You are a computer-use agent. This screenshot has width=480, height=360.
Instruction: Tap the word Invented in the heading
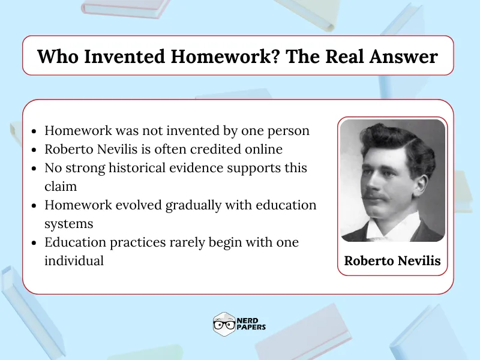(x=115, y=56)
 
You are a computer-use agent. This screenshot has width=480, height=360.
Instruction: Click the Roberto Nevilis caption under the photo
(x=392, y=261)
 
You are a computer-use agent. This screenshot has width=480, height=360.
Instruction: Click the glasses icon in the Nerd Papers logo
(x=223, y=326)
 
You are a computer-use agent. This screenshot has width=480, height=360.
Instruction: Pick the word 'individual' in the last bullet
(x=74, y=261)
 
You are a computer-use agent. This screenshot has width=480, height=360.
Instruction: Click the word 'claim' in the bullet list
(x=61, y=187)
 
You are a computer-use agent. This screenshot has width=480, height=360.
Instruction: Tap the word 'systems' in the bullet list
(x=68, y=224)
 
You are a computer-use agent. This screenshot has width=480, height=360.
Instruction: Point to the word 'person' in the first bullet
(x=289, y=131)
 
